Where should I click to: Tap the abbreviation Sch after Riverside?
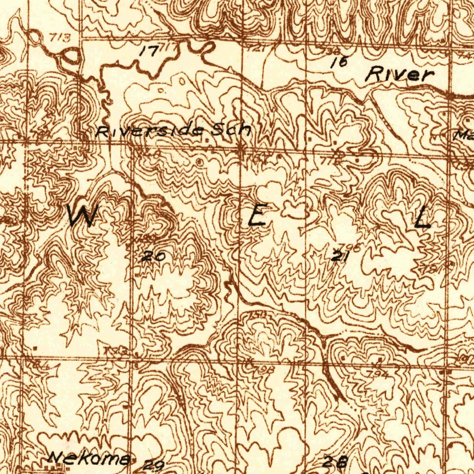click(231, 130)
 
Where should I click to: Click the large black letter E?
click(258, 216)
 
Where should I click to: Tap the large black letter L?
click(422, 218)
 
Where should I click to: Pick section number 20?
click(152, 256)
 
